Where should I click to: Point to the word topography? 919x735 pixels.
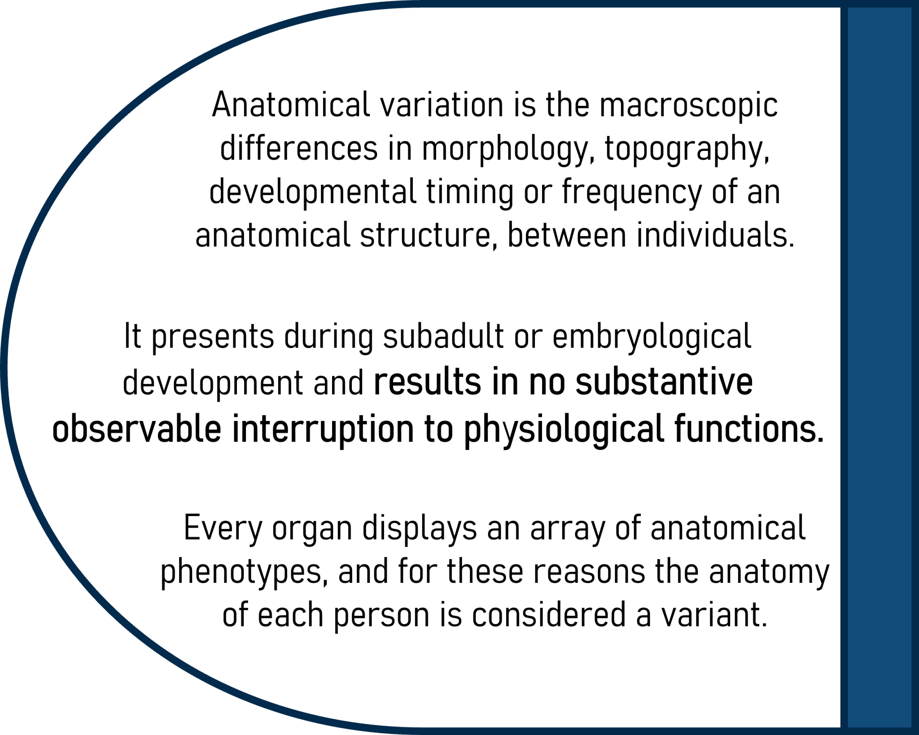coord(687,149)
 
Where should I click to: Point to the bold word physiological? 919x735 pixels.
coord(563,429)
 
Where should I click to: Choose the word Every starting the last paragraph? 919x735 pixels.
coord(223,529)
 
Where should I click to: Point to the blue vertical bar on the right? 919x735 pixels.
coord(880,367)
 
